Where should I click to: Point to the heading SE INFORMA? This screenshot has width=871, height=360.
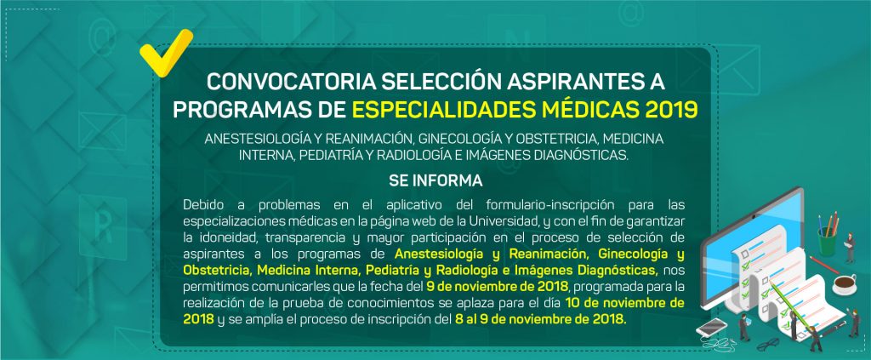point(435,181)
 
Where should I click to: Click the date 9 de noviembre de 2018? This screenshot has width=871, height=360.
point(497,287)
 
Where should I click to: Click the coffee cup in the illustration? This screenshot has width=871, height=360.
point(844,284)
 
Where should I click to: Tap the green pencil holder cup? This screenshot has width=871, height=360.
point(827,243)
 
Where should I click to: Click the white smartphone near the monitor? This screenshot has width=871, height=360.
point(709,329)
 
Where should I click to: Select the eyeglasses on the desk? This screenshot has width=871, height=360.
point(769,345)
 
